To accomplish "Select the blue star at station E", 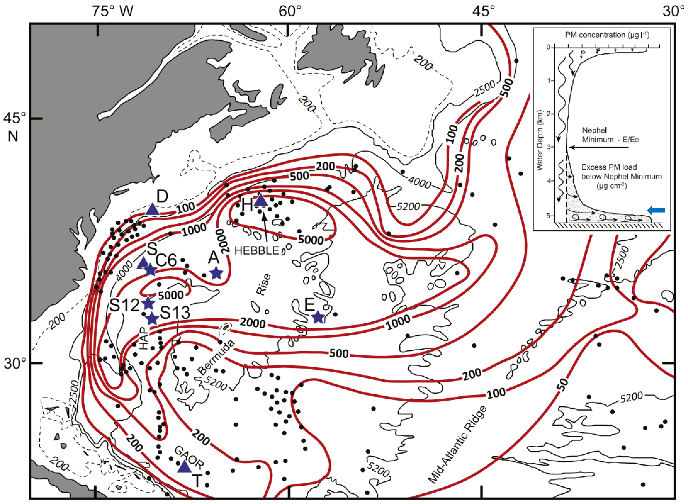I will coord(318,317).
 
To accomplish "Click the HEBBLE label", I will coord(257,250).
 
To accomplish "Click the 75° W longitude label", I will coord(112,11).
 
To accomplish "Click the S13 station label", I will coord(175,312).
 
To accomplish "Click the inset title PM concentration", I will coord(607,35).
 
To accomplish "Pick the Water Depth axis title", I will coord(540,140).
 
